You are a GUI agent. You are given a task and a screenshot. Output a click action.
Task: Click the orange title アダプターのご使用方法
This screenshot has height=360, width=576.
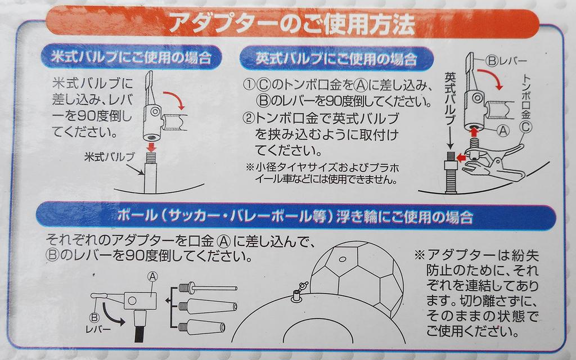pos(292,24)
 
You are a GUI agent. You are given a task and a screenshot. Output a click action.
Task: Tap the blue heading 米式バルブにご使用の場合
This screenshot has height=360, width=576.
pos(131,57)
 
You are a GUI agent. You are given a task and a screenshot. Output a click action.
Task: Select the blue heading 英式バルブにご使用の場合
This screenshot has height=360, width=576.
pos(336,58)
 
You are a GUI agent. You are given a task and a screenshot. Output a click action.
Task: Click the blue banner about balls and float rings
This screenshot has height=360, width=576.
pos(295,215)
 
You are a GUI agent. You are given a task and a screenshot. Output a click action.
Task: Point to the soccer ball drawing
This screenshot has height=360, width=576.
pos(356,277)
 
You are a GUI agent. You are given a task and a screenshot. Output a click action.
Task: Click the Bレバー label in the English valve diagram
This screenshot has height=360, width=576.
pos(506,61)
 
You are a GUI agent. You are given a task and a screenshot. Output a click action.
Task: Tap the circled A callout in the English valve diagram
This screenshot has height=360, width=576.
pos(503,130)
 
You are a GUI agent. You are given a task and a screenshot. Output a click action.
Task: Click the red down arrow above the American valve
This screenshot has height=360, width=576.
pos(151,147)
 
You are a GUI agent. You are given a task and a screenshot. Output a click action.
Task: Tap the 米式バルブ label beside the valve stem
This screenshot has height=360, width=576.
pos(110,157)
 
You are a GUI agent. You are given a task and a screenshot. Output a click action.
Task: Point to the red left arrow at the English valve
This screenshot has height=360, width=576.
pos(461,158)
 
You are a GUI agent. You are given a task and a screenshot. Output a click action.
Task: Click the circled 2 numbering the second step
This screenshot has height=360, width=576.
pos(249,118)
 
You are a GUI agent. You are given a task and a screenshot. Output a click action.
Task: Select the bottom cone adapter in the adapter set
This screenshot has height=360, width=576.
pos(202,327)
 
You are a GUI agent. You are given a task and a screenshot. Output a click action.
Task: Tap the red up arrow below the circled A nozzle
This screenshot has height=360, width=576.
pos(474,132)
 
